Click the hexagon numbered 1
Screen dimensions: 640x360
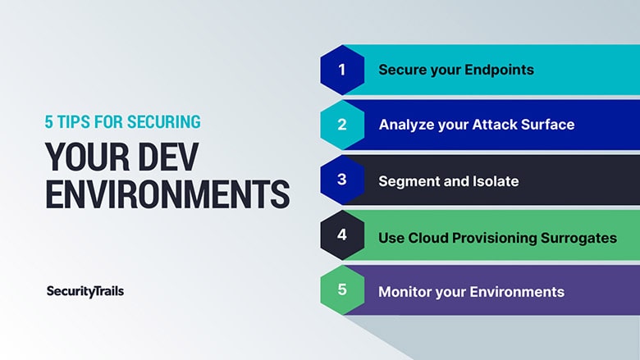click(342, 70)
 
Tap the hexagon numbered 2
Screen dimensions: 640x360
click(342, 125)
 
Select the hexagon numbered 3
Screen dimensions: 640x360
click(342, 180)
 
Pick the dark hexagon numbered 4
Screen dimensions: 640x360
click(342, 235)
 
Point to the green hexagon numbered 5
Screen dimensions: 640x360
click(342, 289)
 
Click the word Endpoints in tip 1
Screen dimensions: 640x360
click(499, 71)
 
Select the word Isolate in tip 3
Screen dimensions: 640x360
click(496, 181)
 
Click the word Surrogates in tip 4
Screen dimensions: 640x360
click(578, 238)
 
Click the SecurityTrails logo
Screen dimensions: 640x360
click(85, 291)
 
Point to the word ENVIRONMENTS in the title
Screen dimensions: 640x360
click(167, 194)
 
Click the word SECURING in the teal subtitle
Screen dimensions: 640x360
click(163, 122)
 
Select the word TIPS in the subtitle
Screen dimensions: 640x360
click(74, 122)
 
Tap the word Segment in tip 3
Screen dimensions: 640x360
click(403, 181)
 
